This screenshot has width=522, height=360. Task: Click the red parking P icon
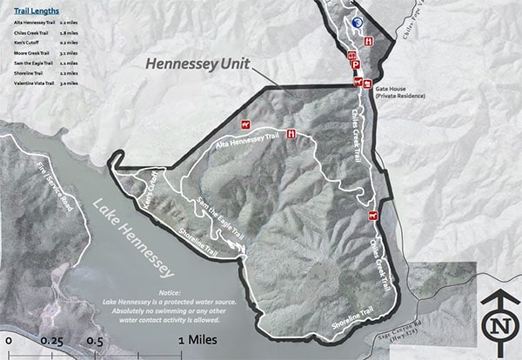pyautogui.click(x=356, y=63)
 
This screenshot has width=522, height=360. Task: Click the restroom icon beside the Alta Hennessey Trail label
pyautogui.click(x=291, y=133)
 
